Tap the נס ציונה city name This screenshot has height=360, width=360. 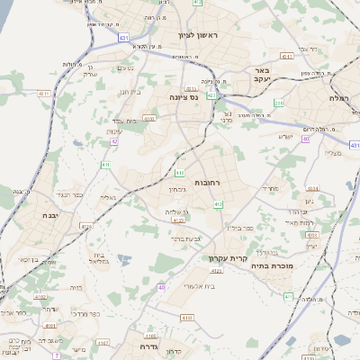pos(184,96)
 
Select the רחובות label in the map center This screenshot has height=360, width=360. pos(207,183)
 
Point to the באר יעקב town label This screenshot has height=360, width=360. pos(262,75)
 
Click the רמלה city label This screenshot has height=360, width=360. pos(338,96)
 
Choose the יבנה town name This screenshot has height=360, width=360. pos(49,216)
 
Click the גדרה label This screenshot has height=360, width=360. pos(144,345)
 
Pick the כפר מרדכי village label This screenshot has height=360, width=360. pos(94,315)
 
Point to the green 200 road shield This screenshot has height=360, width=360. pos(279,103)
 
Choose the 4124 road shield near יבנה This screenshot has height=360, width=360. pos(85,227)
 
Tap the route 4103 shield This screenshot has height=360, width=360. pos(187,317)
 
